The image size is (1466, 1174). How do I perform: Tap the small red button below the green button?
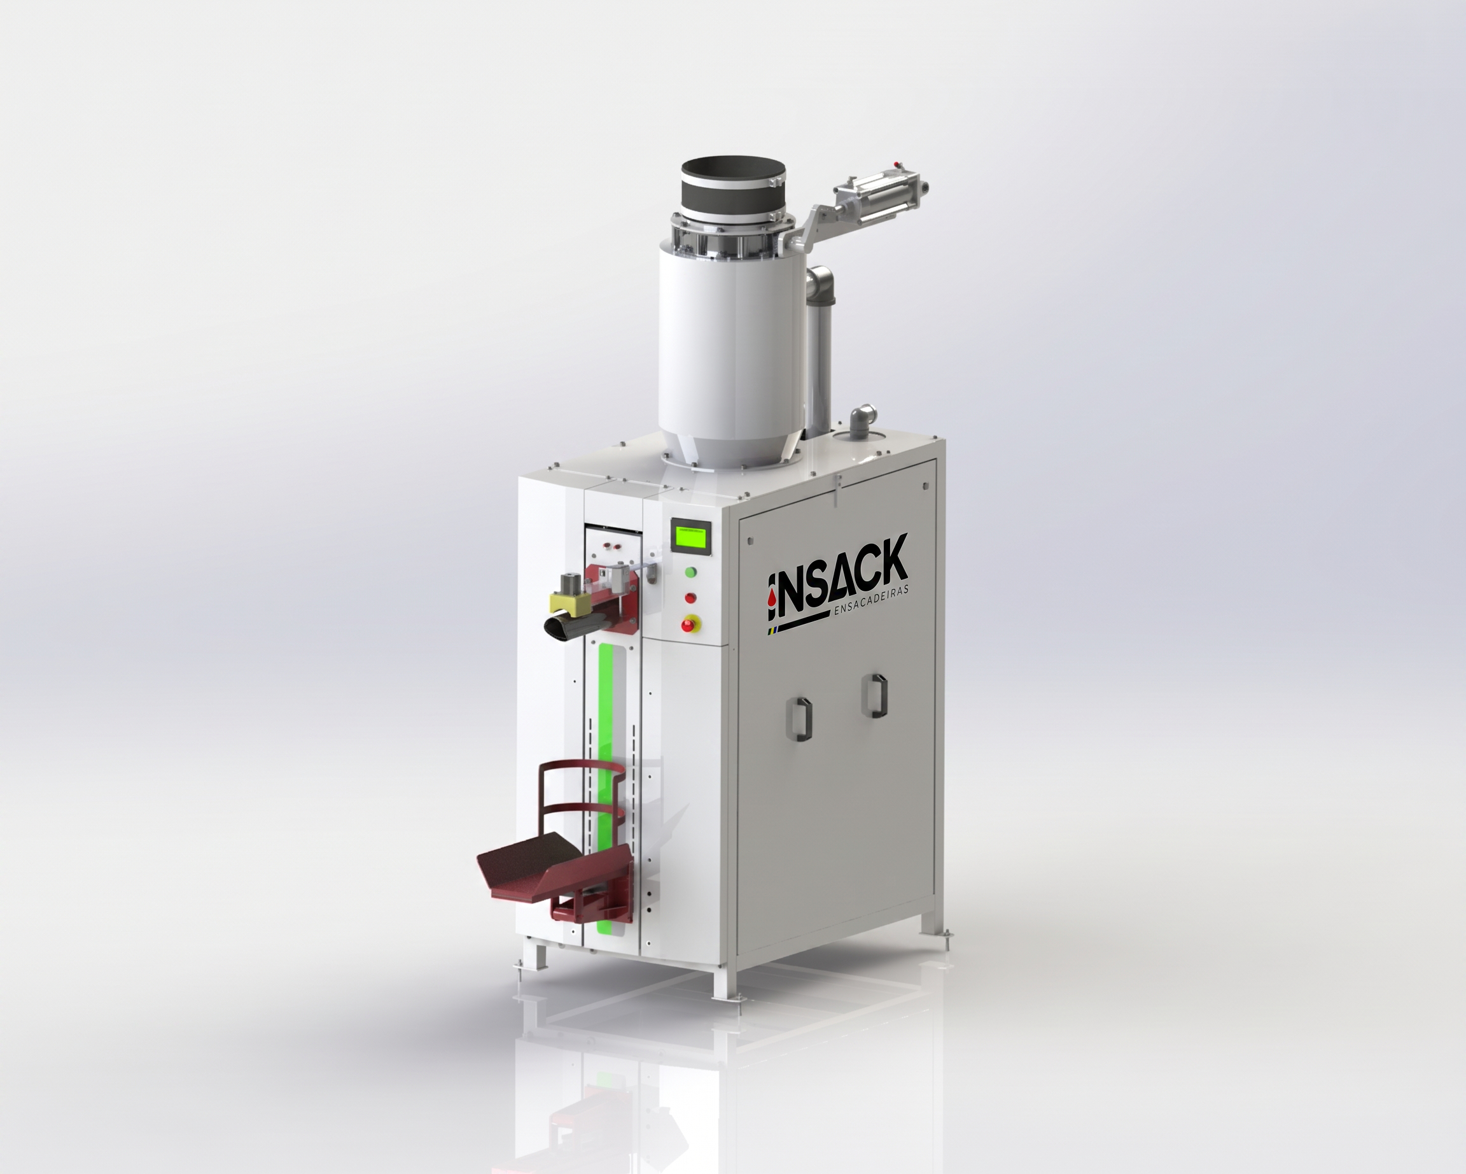[x=692, y=598]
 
